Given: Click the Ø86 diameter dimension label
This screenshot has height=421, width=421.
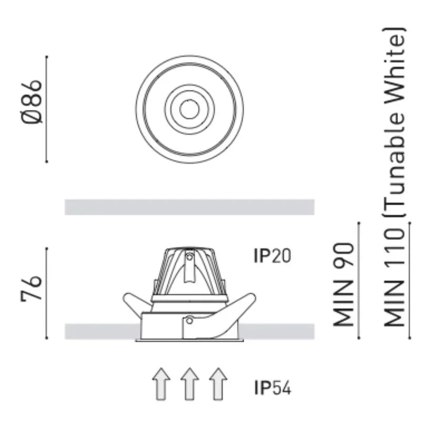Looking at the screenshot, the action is click(x=32, y=102).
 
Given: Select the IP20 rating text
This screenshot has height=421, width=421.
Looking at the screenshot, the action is click(x=272, y=256).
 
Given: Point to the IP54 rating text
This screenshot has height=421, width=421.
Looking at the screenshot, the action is click(x=272, y=388).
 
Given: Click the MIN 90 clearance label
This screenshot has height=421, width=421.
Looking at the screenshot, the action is click(x=344, y=285).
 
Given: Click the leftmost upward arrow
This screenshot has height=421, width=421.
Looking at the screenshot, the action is click(x=161, y=384).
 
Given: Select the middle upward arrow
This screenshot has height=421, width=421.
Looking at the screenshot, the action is click(x=189, y=384).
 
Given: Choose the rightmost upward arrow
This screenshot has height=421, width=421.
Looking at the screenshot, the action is click(x=218, y=384).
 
